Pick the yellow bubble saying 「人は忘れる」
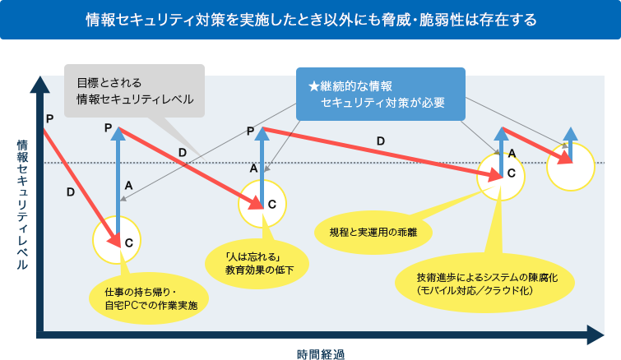click(259, 262)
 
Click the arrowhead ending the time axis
click(595, 335)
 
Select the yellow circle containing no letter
click(569, 165)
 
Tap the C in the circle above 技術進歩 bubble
click(511, 173)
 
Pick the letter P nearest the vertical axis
click(50, 118)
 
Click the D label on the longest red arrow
click(380, 141)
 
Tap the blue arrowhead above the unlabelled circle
click(569, 132)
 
